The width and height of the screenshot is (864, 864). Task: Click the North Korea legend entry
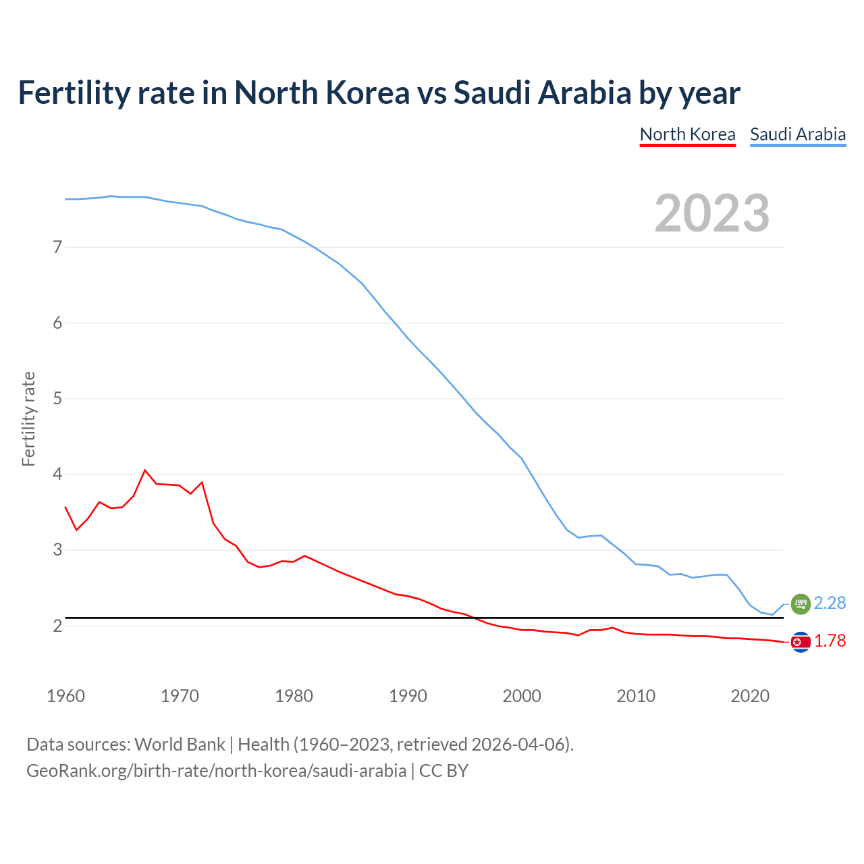click(x=687, y=134)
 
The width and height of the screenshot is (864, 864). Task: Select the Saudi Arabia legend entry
click(x=798, y=134)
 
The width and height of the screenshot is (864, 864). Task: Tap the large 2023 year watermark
click(x=711, y=213)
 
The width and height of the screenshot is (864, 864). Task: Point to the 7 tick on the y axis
click(x=57, y=247)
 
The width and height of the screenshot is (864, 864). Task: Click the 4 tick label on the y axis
click(x=57, y=475)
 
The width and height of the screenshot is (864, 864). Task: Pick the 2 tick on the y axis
click(x=57, y=626)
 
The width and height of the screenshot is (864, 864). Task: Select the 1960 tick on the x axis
click(x=65, y=696)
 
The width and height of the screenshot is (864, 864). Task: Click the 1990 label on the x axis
click(x=408, y=696)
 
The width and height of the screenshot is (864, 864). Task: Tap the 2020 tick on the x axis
click(x=750, y=696)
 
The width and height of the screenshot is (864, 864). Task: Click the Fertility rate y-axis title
click(x=28, y=418)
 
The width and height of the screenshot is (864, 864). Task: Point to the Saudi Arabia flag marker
click(x=800, y=603)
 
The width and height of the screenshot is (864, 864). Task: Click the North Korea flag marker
click(x=801, y=642)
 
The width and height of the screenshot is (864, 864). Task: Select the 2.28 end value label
click(x=830, y=603)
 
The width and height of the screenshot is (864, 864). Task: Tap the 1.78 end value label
click(x=830, y=641)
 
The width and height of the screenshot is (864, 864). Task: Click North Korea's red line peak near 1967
click(x=145, y=470)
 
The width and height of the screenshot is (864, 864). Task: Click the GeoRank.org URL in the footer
click(x=216, y=771)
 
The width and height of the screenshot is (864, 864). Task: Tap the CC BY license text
click(x=443, y=771)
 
